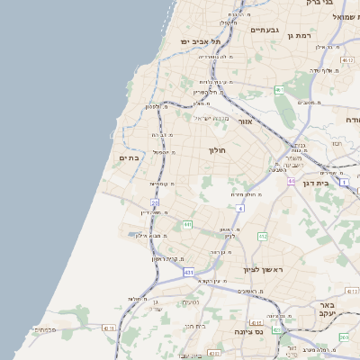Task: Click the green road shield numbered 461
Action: tap(279, 89)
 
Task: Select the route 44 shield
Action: tap(291, 181)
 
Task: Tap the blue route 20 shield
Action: tap(155, 204)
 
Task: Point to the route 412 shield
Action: tap(262, 236)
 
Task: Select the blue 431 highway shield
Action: tap(186, 271)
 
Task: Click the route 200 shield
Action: tap(344, 336)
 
